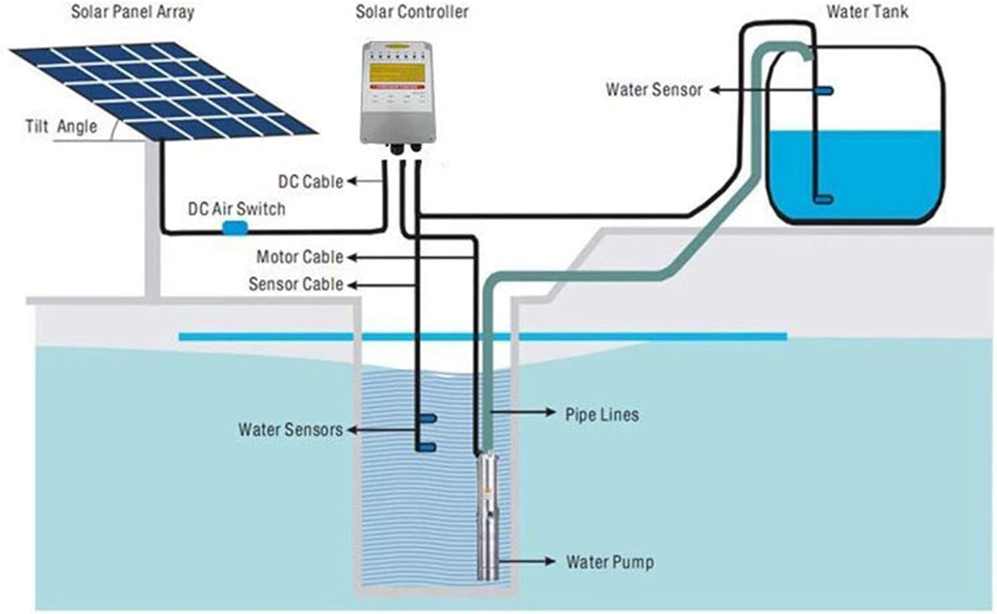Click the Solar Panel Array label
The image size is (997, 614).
(x=132, y=12)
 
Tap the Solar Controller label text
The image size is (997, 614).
(x=411, y=12)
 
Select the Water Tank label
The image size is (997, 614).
(x=867, y=12)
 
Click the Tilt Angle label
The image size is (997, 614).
(x=61, y=127)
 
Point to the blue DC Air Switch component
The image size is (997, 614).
(x=234, y=229)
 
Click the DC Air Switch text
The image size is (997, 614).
(x=236, y=209)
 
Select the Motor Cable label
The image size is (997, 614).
(x=299, y=257)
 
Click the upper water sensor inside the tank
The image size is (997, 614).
(x=822, y=90)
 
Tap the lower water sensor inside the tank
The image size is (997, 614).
(x=822, y=199)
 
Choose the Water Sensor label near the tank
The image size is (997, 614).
(x=653, y=90)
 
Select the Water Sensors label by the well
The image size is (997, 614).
(x=290, y=430)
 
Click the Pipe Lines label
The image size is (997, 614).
(x=602, y=414)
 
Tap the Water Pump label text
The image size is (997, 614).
(x=609, y=562)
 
